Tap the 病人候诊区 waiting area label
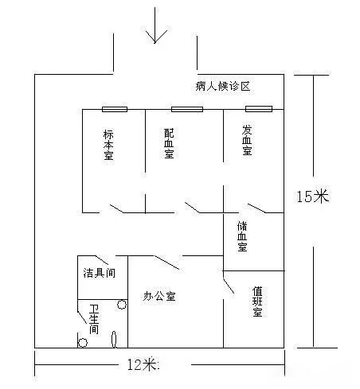point(223,86)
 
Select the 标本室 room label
point(108,145)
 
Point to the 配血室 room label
point(169,143)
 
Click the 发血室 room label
point(247,140)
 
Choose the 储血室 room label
point(242,236)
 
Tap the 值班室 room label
point(257,301)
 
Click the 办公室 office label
point(159,296)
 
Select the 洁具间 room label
point(100,273)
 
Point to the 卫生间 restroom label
point(94,319)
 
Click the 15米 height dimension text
point(312,196)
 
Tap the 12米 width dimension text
point(142,364)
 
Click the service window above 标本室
point(115,109)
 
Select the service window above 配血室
point(187,109)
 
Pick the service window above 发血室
point(259,109)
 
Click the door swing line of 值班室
point(229,286)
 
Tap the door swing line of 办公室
point(167,263)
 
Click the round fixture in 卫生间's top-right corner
point(122,305)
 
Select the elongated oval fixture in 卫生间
point(114,339)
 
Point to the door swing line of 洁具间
point(102,260)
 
